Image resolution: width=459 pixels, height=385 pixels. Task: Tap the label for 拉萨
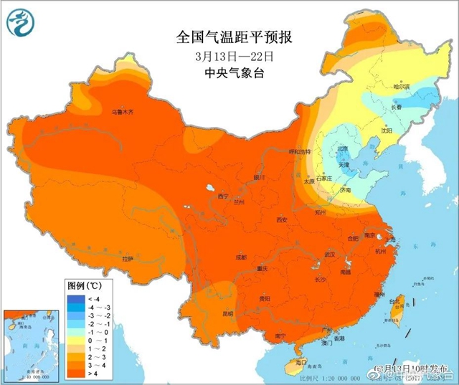point(128,258)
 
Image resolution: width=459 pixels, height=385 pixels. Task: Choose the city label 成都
point(240,257)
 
